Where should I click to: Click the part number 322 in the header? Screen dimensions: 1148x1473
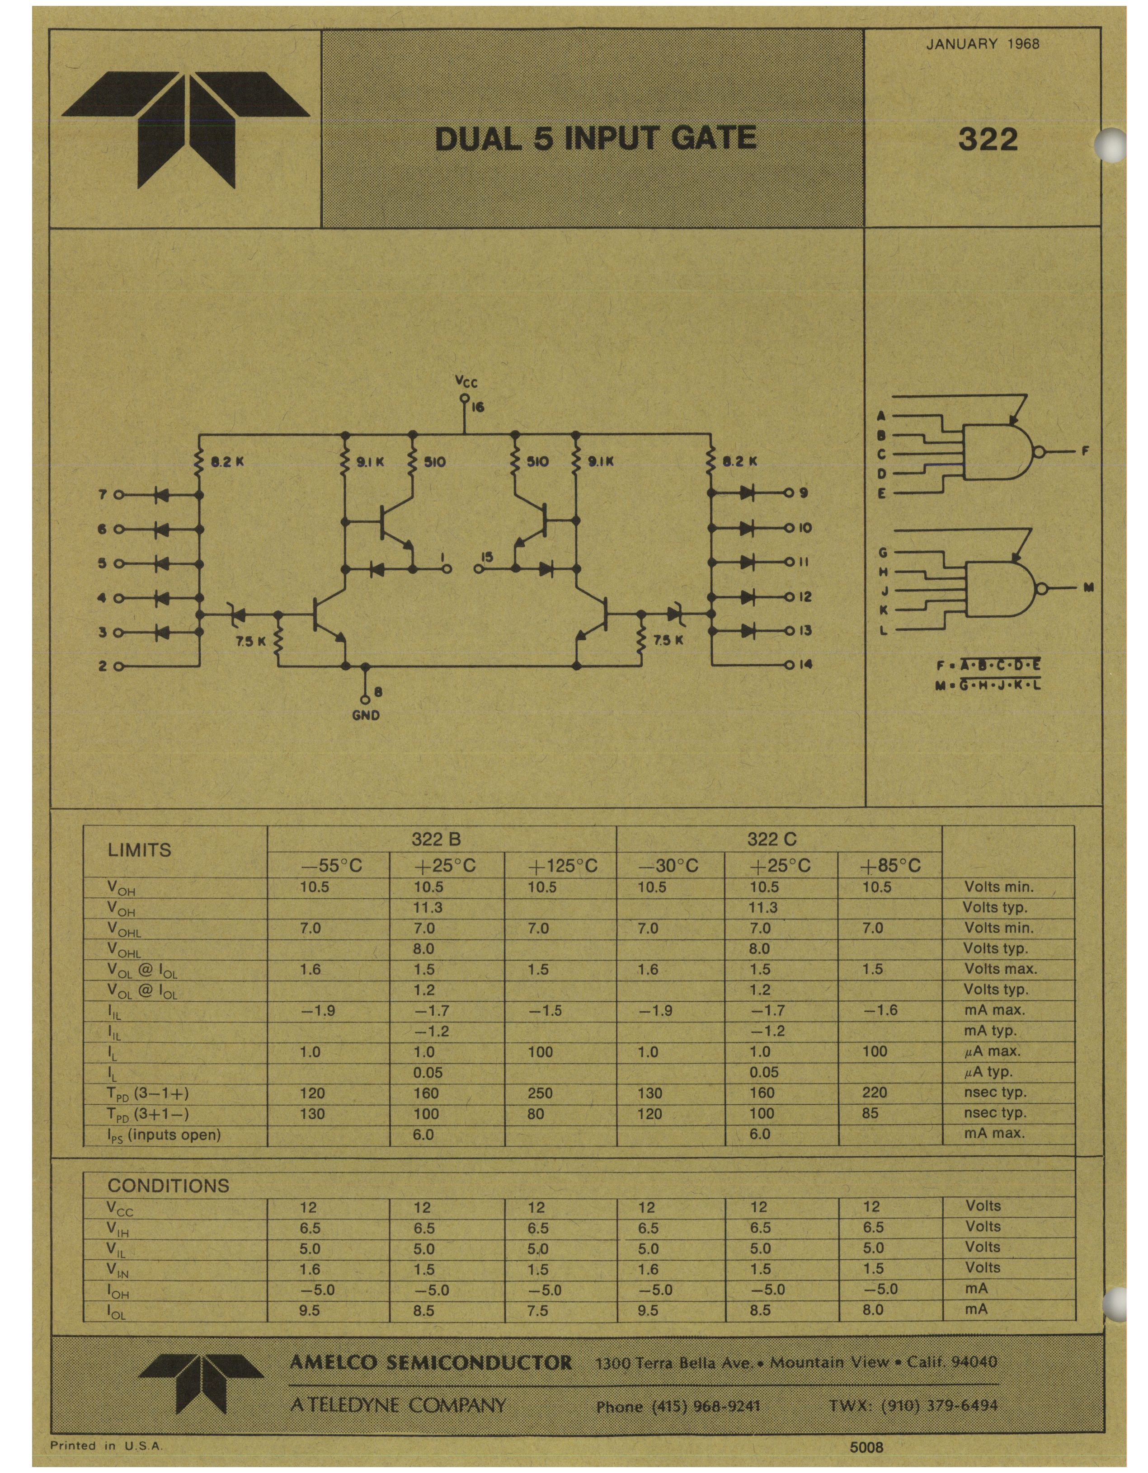[x=988, y=139]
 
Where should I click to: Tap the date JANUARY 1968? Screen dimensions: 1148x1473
[x=983, y=45]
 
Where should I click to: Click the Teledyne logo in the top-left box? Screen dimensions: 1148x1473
[x=186, y=129]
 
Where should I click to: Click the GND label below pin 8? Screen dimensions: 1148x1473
[x=366, y=715]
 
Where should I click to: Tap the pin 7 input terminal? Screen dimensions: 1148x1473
[x=119, y=494]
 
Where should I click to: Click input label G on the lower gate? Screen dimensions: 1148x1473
[x=882, y=553]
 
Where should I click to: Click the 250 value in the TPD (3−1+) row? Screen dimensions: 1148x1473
[x=540, y=1093]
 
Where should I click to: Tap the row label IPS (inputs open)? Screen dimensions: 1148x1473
[x=164, y=1135]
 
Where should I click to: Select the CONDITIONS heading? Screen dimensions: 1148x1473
[x=169, y=1186]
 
